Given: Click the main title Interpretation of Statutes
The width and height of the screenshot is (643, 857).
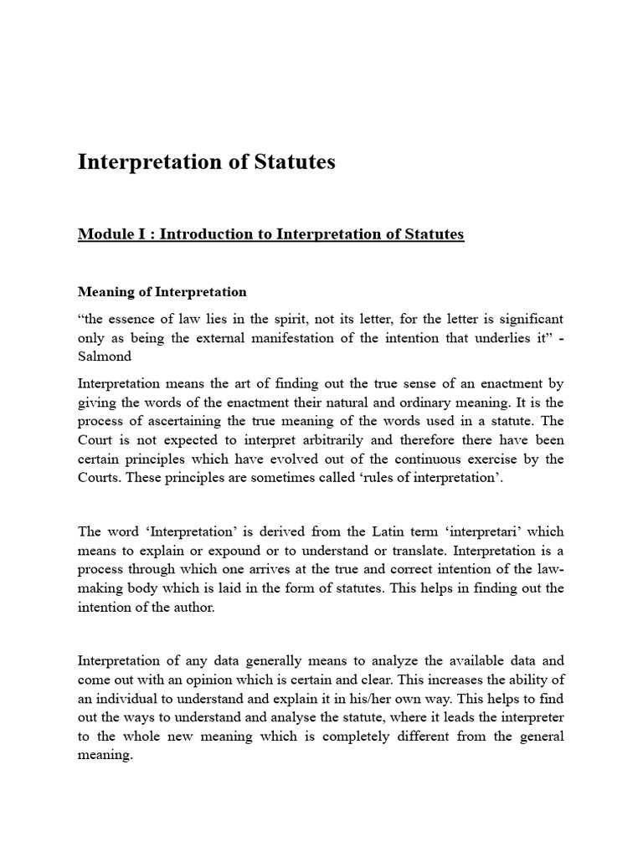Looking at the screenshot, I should point(206,162).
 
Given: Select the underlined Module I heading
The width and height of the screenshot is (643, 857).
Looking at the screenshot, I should point(270,234).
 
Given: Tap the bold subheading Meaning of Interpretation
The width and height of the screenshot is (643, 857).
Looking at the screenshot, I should point(162,292).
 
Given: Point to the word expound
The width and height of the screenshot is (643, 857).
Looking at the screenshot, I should point(246,551).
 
